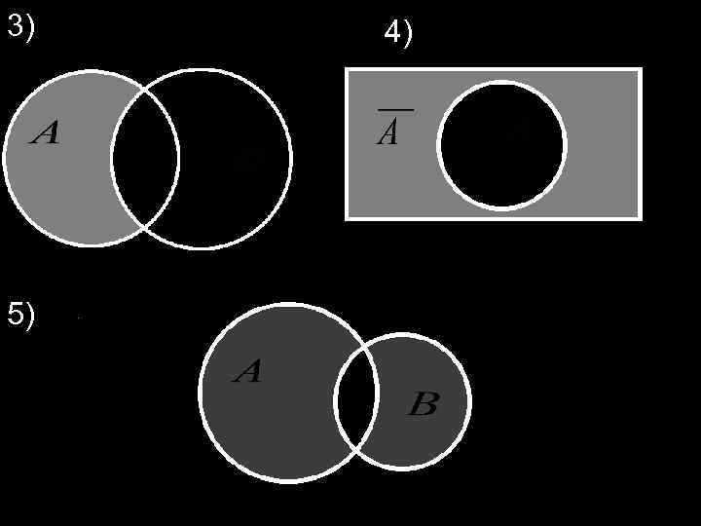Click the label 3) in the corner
point(20,27)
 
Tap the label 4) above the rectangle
point(398,34)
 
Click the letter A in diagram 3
point(45,132)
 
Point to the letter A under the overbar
point(387,134)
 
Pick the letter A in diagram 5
point(247,371)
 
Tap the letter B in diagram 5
point(422,404)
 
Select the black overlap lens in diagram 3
point(145,158)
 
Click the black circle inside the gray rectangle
point(501,146)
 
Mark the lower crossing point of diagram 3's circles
point(146,228)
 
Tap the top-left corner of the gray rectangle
point(348,69)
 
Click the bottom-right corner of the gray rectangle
point(641,217)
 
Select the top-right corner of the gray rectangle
point(641,69)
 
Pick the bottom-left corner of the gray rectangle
point(348,217)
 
